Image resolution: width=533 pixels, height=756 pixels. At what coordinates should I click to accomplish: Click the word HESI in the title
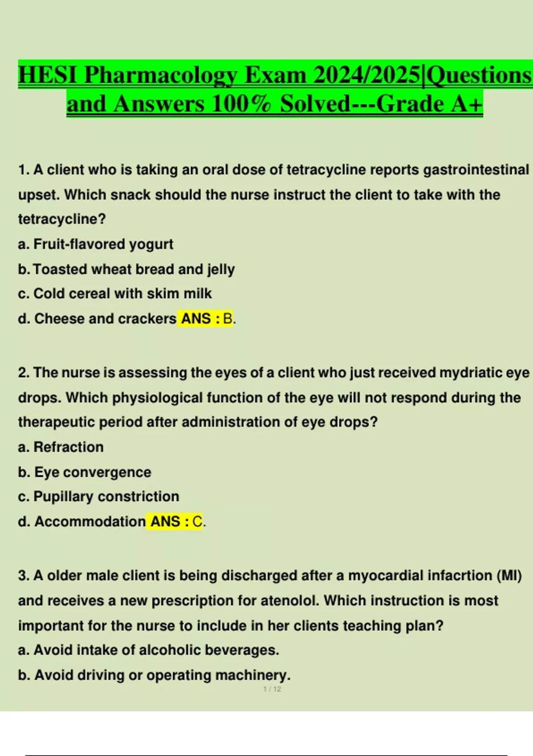[x=48, y=75]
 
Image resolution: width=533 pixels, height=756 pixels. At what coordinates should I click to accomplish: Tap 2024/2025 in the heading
[x=366, y=75]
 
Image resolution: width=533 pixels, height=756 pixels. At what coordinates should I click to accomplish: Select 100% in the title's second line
[x=241, y=104]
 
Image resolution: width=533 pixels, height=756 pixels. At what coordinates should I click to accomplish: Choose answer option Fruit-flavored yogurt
[x=103, y=244]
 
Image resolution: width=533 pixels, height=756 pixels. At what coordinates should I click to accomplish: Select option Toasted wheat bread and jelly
[x=133, y=269]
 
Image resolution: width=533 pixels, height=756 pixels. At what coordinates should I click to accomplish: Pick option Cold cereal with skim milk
[x=122, y=294]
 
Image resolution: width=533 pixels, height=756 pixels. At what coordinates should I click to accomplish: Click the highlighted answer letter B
[x=227, y=318]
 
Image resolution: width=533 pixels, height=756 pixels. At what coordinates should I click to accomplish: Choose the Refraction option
[x=68, y=447]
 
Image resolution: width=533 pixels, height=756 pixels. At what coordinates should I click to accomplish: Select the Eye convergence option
[x=92, y=472]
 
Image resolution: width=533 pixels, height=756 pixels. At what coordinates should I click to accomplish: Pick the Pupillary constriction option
[x=106, y=496]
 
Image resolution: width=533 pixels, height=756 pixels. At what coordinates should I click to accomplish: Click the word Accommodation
[x=90, y=521]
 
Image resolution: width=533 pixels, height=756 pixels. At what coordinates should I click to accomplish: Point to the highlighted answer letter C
[x=197, y=521]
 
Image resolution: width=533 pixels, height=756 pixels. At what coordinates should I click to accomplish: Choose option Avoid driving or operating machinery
[x=162, y=675]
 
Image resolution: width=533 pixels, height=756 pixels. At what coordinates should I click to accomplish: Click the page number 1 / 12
[x=272, y=689]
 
